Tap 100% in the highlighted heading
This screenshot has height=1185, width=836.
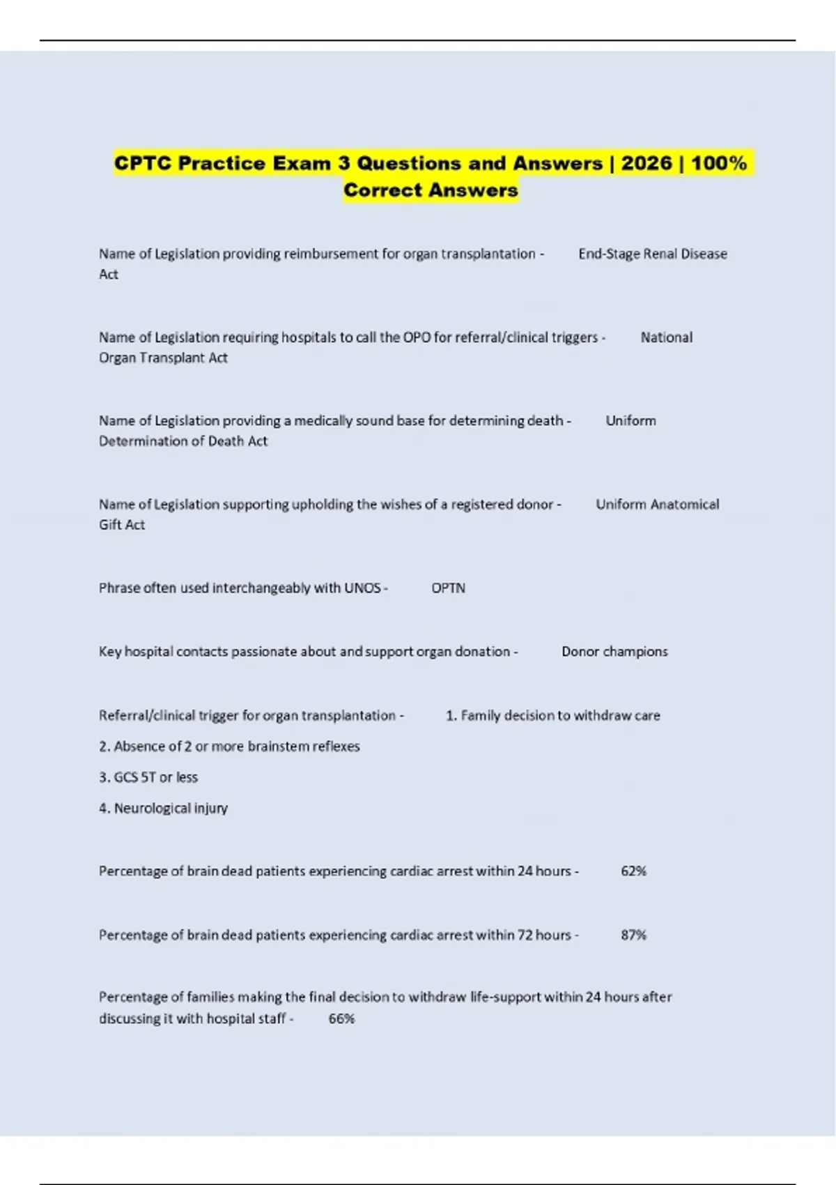[x=718, y=163]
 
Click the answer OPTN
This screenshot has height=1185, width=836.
[x=448, y=588]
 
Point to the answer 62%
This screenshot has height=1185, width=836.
[x=633, y=871]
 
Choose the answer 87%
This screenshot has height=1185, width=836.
[x=633, y=935]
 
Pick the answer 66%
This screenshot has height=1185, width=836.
[x=341, y=1019]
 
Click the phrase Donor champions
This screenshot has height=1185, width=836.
[x=614, y=652]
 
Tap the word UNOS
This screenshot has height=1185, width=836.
[x=362, y=588]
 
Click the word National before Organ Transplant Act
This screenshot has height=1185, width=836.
[x=666, y=338]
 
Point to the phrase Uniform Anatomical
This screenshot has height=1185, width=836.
[x=657, y=505]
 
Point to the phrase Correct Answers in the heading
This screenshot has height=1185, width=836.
[x=431, y=190]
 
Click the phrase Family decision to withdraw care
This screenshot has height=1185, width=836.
[x=560, y=716]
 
